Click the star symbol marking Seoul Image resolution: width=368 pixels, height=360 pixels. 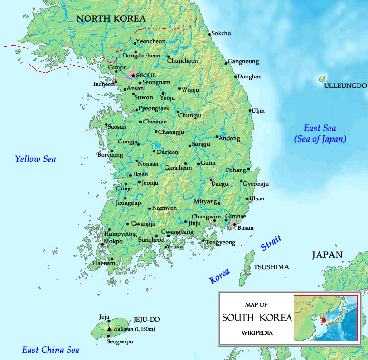pos(133,75)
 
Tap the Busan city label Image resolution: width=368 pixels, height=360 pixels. pos(245,228)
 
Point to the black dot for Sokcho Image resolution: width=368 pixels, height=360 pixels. pos(210,34)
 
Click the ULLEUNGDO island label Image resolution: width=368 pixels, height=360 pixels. pos(345,86)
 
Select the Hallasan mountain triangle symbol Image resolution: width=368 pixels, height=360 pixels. pos(109,329)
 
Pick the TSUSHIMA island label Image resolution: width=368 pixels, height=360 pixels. pos(271,267)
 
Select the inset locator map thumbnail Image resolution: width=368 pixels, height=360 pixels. pos(325,318)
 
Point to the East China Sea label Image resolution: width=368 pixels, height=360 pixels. pos(50,350)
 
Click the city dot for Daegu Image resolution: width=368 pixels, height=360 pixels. pos(211,180)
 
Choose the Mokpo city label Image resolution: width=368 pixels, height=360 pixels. pos(113,241)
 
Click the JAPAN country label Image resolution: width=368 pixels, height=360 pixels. pos(327,255)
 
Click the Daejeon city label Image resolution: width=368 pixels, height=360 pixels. pos(167,152)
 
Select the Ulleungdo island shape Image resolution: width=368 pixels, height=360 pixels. pos(322,79)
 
